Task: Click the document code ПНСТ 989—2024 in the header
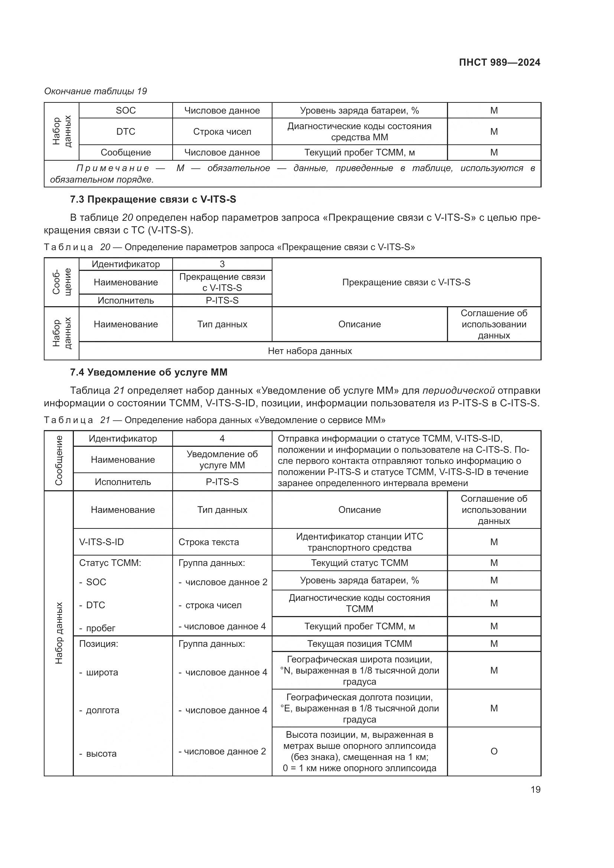click(499, 62)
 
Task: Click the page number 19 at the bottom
click(535, 789)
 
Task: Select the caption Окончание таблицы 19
click(96, 91)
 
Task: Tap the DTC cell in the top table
click(125, 132)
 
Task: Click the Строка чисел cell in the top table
click(222, 132)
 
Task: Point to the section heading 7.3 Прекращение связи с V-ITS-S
click(153, 199)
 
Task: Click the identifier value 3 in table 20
click(222, 264)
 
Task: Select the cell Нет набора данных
click(310, 351)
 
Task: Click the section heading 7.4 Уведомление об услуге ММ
click(148, 372)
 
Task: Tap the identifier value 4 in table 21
click(222, 439)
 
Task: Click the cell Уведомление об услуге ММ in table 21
click(222, 460)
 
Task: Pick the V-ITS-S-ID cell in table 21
click(101, 542)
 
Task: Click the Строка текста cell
click(209, 542)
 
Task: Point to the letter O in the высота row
click(494, 751)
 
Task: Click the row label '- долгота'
click(99, 710)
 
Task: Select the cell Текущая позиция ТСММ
click(359, 643)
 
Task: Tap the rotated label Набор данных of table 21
click(59, 633)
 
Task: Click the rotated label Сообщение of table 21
click(59, 461)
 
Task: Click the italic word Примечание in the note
click(113, 168)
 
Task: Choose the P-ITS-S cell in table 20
click(222, 301)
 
